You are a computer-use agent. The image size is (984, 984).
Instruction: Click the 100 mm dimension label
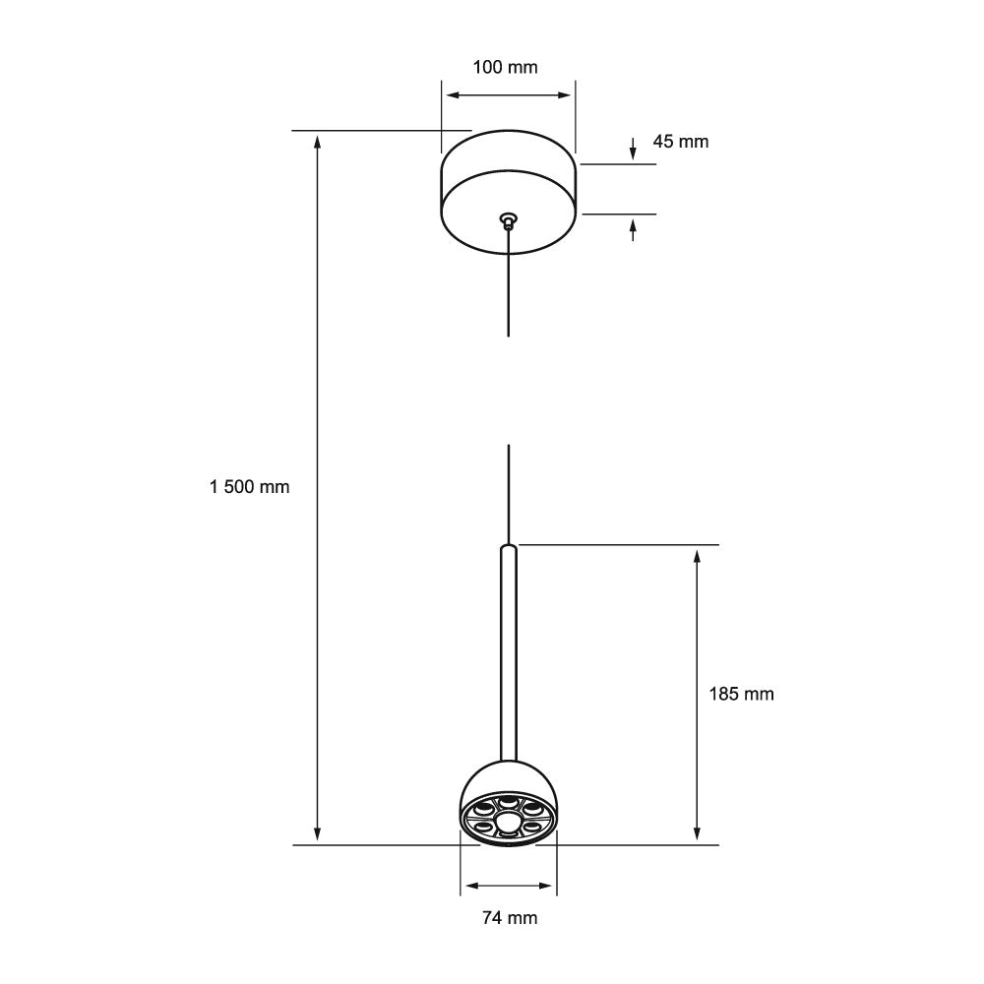click(x=507, y=67)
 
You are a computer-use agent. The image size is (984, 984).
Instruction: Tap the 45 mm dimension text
click(x=680, y=142)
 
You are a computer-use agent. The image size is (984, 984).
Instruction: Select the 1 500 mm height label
click(x=250, y=487)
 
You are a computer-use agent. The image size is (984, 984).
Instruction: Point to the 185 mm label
click(x=741, y=695)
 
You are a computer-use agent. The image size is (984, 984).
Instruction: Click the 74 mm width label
click(x=510, y=918)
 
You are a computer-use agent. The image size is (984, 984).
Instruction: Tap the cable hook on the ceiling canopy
click(x=508, y=218)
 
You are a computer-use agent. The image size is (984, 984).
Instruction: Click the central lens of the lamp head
click(x=508, y=822)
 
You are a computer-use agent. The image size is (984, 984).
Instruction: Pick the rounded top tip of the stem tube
click(x=508, y=547)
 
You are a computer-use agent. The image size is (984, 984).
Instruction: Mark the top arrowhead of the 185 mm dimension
click(x=697, y=556)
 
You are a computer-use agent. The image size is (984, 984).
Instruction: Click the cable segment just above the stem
click(x=508, y=492)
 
